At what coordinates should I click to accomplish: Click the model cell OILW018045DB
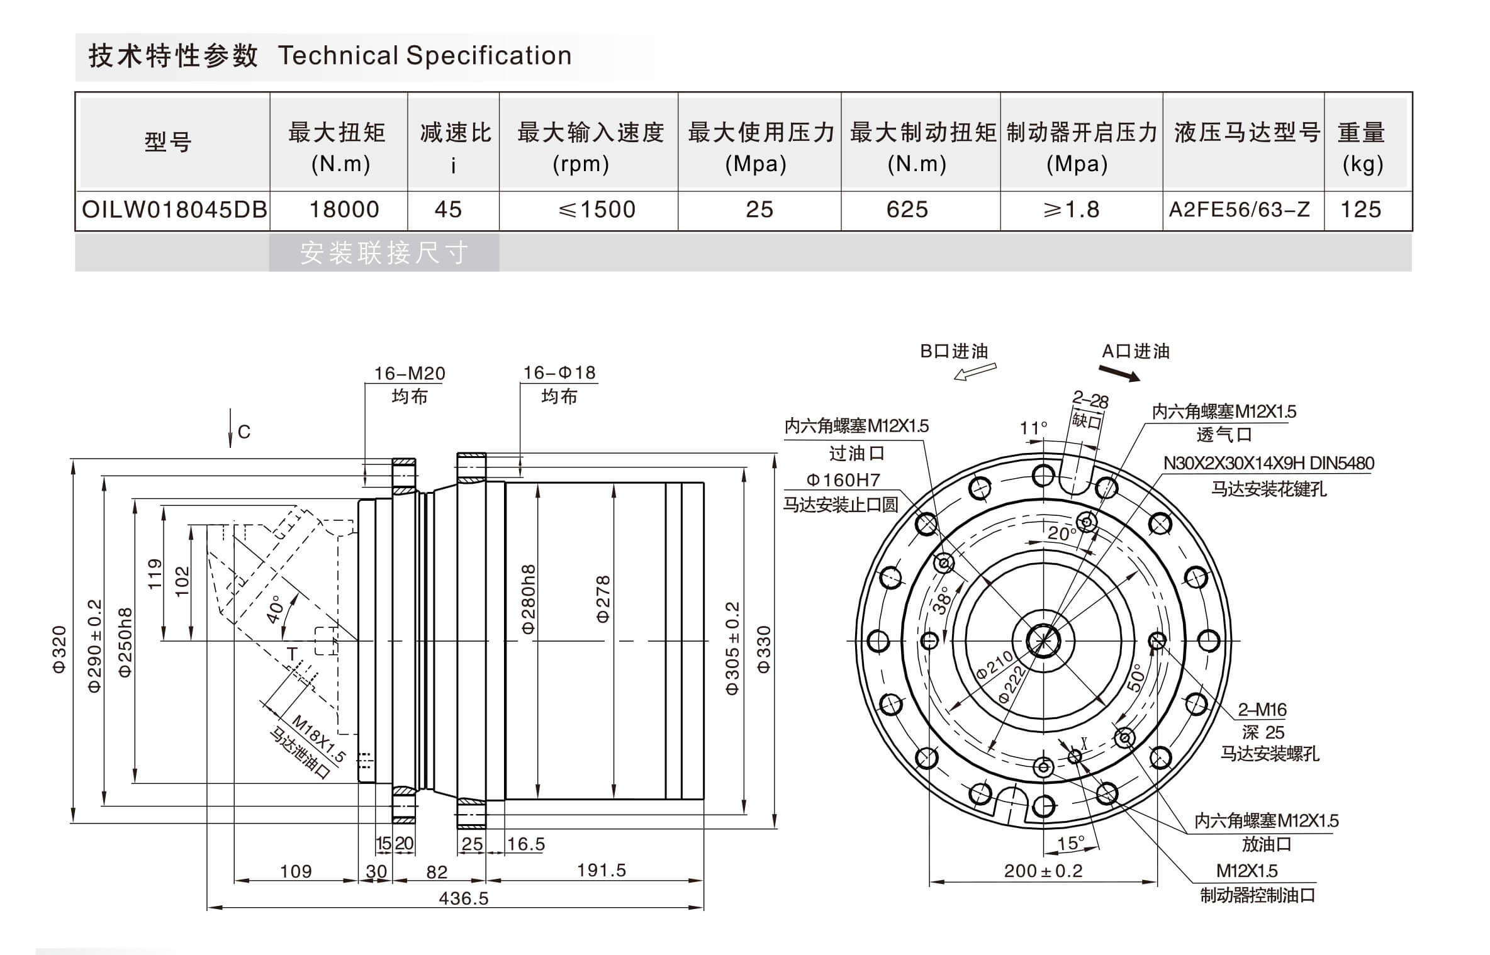(174, 209)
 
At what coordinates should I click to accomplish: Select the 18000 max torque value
(344, 209)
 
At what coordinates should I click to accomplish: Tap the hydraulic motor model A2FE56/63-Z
(1239, 209)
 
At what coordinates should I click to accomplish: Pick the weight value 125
(1360, 209)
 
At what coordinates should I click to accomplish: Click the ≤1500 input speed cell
(597, 209)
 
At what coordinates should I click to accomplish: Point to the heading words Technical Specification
(425, 56)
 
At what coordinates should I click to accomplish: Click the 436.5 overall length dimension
(463, 898)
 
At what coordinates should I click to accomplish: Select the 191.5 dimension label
(601, 870)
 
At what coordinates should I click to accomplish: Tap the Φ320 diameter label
(59, 649)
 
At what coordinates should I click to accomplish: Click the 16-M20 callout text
(410, 373)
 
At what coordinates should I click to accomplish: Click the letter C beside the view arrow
(244, 432)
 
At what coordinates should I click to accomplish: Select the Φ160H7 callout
(843, 480)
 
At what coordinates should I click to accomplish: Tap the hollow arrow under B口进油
(975, 372)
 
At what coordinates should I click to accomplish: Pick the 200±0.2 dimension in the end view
(1043, 871)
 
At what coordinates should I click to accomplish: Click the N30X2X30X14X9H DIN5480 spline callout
(1268, 464)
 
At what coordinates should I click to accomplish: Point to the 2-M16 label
(1262, 710)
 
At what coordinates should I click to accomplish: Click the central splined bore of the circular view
(1043, 641)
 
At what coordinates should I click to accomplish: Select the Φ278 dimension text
(602, 599)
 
